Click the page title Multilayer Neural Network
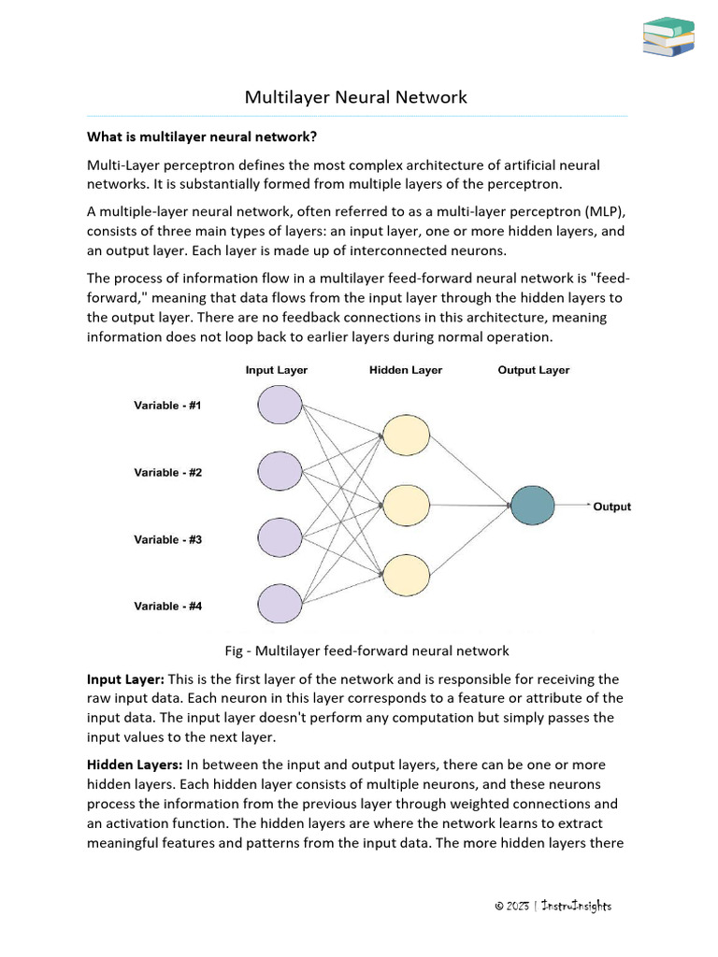click(x=355, y=97)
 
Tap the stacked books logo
click(x=668, y=36)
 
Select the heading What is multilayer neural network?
click(x=202, y=136)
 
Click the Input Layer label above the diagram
click(x=276, y=370)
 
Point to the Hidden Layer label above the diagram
click(x=406, y=370)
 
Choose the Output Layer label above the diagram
click(x=533, y=370)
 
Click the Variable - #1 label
click(x=167, y=406)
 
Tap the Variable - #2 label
click(x=167, y=473)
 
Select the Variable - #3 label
click(x=167, y=539)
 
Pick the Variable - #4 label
click(x=167, y=607)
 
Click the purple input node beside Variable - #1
click(x=280, y=405)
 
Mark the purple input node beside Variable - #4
click(x=280, y=604)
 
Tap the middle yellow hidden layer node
click(x=406, y=505)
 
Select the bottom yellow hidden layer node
click(x=406, y=574)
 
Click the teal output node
click(x=533, y=506)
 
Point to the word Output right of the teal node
click(x=612, y=507)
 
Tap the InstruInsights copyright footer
click(x=553, y=906)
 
